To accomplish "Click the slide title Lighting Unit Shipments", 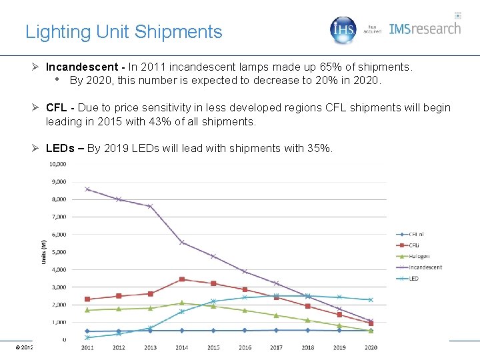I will [123, 31].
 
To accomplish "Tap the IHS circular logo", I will [344, 29].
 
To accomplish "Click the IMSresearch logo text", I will [425, 29].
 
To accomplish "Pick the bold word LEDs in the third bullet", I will [61, 148].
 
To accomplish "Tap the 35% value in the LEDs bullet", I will [317, 148].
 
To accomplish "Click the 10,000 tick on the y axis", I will [57, 164].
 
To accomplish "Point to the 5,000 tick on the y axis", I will [57, 252].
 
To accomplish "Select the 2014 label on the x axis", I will [182, 347].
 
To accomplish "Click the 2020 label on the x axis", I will [371, 347].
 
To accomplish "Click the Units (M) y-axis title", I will [45, 251].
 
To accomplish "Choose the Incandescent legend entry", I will [425, 267].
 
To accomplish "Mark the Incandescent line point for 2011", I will [87, 189].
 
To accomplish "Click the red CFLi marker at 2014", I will [182, 279].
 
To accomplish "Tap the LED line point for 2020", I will [371, 300].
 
